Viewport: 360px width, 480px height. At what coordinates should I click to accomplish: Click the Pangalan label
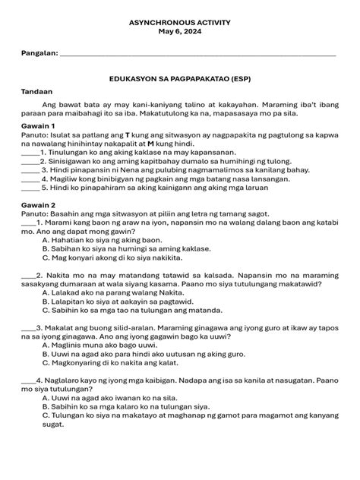(x=39, y=54)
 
